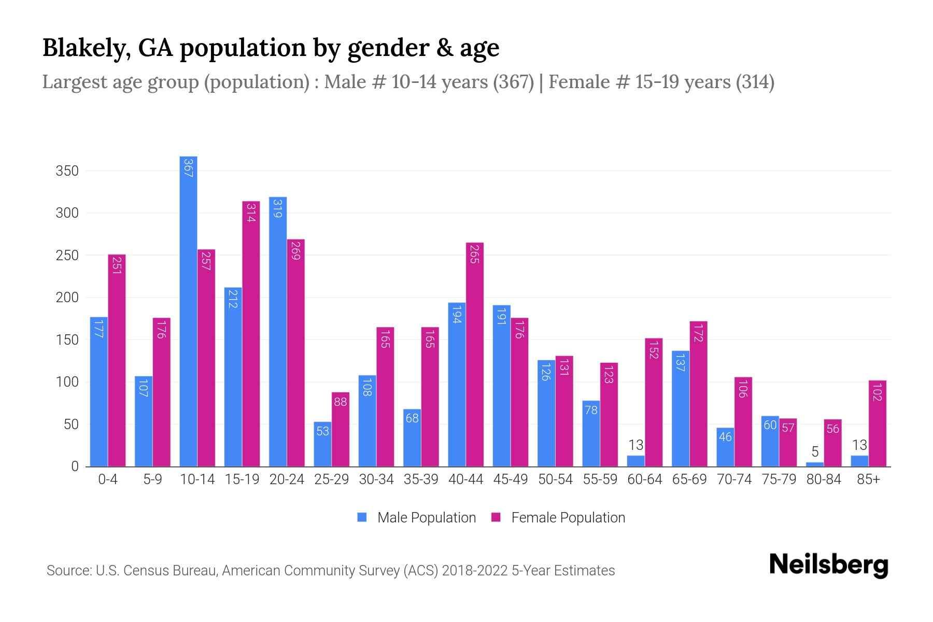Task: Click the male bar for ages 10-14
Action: click(x=188, y=311)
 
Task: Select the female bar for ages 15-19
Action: click(x=251, y=334)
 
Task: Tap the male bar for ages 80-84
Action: click(x=815, y=464)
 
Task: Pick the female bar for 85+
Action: click(x=878, y=423)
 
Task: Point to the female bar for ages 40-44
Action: click(x=475, y=355)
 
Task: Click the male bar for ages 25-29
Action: click(x=322, y=444)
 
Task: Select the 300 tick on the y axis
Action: click(x=67, y=213)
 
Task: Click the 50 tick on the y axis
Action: click(x=70, y=425)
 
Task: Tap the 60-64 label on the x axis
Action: click(x=644, y=479)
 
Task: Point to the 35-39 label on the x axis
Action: click(x=421, y=479)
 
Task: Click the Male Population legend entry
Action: click(x=417, y=518)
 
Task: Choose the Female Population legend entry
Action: click(x=558, y=518)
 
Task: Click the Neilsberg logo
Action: click(x=828, y=565)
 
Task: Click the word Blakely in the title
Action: click(x=82, y=48)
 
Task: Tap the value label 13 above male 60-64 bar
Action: click(x=635, y=445)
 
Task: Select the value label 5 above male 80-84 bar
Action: click(x=815, y=451)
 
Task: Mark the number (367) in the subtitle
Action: click(x=513, y=82)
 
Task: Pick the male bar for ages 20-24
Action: click(x=278, y=332)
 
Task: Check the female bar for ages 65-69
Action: click(x=698, y=394)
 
